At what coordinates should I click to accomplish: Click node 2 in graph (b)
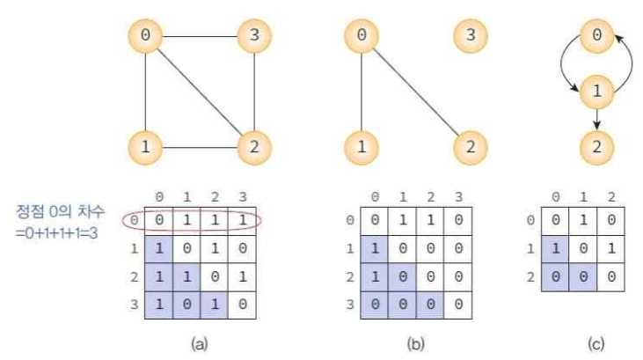coord(470,146)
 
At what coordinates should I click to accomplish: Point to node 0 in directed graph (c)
coord(598,36)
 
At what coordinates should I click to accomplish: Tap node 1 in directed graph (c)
coord(598,90)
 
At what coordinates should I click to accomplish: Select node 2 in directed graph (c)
coord(598,146)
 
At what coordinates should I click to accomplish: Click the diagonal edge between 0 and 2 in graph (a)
coord(201,92)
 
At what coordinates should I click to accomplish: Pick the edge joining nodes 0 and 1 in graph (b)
coord(362,92)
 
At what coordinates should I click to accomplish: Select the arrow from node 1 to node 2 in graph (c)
coord(598,119)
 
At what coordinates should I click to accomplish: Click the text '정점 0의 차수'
coord(60,212)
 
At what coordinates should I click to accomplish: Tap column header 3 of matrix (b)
coord(458,196)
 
